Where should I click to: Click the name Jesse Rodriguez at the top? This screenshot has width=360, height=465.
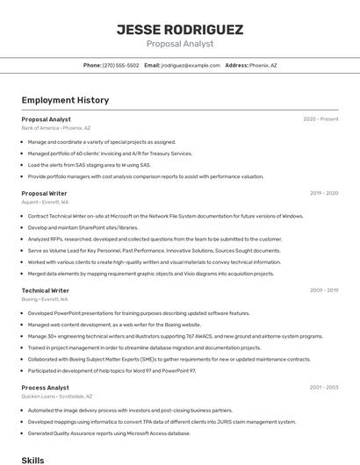[179, 30]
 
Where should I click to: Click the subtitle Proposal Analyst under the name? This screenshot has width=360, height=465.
[179, 44]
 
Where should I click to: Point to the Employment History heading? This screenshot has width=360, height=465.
[65, 101]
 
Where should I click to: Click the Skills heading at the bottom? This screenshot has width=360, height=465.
[32, 460]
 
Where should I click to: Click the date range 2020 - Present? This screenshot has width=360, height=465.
[320, 119]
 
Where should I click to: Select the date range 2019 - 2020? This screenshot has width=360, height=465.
[324, 193]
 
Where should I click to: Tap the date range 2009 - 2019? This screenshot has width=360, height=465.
[324, 290]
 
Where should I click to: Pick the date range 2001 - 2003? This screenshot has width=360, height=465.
[324, 388]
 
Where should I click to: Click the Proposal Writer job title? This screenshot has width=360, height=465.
[44, 193]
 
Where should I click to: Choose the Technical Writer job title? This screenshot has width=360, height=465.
[45, 290]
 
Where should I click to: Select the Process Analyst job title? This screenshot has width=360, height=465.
[45, 388]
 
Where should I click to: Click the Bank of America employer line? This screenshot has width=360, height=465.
[55, 128]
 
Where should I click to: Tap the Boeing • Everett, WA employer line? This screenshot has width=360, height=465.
[45, 299]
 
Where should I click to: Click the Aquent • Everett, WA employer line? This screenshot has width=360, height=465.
[45, 202]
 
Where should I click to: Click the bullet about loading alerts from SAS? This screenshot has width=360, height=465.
[89, 165]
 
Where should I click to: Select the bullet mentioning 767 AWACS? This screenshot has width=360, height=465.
[175, 336]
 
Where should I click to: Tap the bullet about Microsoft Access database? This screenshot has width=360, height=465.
[109, 433]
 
